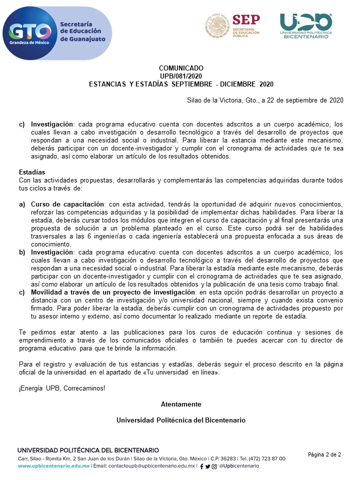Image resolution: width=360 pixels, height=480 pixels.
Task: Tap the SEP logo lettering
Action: pyautogui.click(x=246, y=19)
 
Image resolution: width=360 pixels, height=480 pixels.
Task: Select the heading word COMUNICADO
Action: pyautogui.click(x=181, y=68)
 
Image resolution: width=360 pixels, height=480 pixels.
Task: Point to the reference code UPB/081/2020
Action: pyautogui.click(x=181, y=76)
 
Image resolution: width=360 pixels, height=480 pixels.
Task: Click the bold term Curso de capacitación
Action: pyautogui.click(x=67, y=204)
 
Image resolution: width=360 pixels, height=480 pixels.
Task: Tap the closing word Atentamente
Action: pyautogui.click(x=181, y=404)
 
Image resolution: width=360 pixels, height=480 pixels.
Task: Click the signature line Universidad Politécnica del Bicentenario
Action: pyautogui.click(x=181, y=420)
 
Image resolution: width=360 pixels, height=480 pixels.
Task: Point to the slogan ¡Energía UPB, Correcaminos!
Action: pyautogui.click(x=62, y=388)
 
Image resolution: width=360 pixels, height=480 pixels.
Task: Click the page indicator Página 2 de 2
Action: pyautogui.click(x=324, y=454)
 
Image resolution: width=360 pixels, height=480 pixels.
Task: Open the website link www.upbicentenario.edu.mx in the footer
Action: pyautogui.click(x=54, y=466)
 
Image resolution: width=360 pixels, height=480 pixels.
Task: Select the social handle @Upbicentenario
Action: pyautogui.click(x=239, y=466)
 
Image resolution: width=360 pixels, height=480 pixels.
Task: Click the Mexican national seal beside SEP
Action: pyautogui.click(x=217, y=25)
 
